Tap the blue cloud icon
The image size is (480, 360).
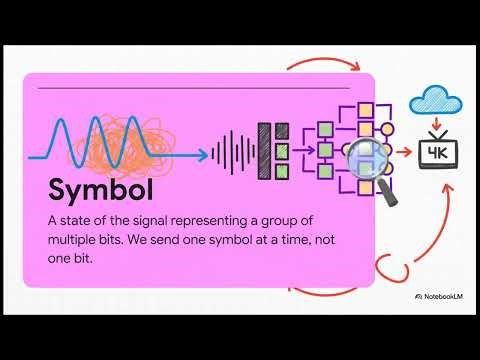436,99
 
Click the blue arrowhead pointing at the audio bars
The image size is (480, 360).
203,154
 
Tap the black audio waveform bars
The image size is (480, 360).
232,153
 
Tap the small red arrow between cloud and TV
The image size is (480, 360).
437,125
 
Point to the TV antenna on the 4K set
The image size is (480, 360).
437,134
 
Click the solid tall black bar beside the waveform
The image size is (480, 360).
265,153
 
